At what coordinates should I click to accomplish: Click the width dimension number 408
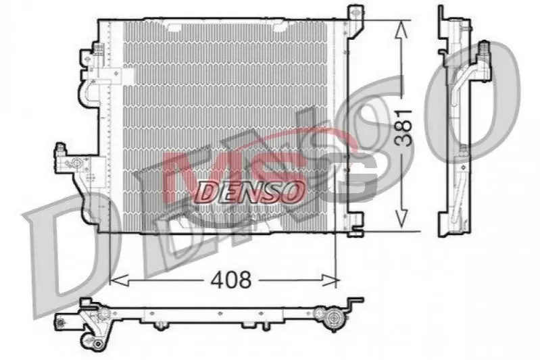pyautogui.click(x=231, y=280)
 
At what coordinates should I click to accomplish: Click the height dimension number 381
pyautogui.click(x=403, y=128)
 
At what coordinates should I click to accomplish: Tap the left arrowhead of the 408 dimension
pyautogui.click(x=119, y=280)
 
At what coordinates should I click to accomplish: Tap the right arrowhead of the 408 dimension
pyautogui.click(x=330, y=280)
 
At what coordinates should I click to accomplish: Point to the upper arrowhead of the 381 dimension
pyautogui.click(x=401, y=30)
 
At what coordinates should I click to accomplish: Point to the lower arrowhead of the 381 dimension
pyautogui.click(x=401, y=219)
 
